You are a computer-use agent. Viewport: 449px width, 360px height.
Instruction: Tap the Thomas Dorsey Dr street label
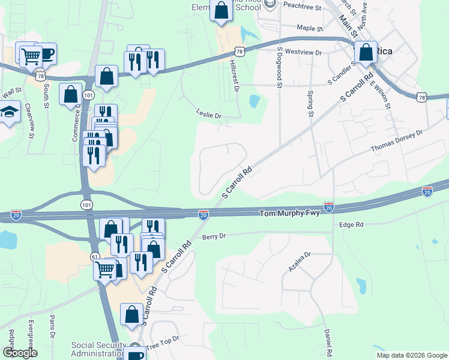point(396,142)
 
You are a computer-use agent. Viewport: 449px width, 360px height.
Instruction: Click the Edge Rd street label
point(351,224)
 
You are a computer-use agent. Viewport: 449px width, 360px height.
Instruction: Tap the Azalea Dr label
point(299,262)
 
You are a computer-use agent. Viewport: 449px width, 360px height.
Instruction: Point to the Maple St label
point(310,28)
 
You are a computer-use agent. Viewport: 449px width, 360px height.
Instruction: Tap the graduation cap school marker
point(10,113)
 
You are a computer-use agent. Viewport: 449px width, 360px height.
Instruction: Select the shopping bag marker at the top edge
point(221,10)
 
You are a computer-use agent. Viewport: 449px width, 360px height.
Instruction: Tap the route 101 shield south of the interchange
point(88,205)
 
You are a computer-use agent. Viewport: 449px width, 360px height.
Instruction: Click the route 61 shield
point(95,256)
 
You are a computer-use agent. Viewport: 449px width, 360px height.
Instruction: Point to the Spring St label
point(310,103)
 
